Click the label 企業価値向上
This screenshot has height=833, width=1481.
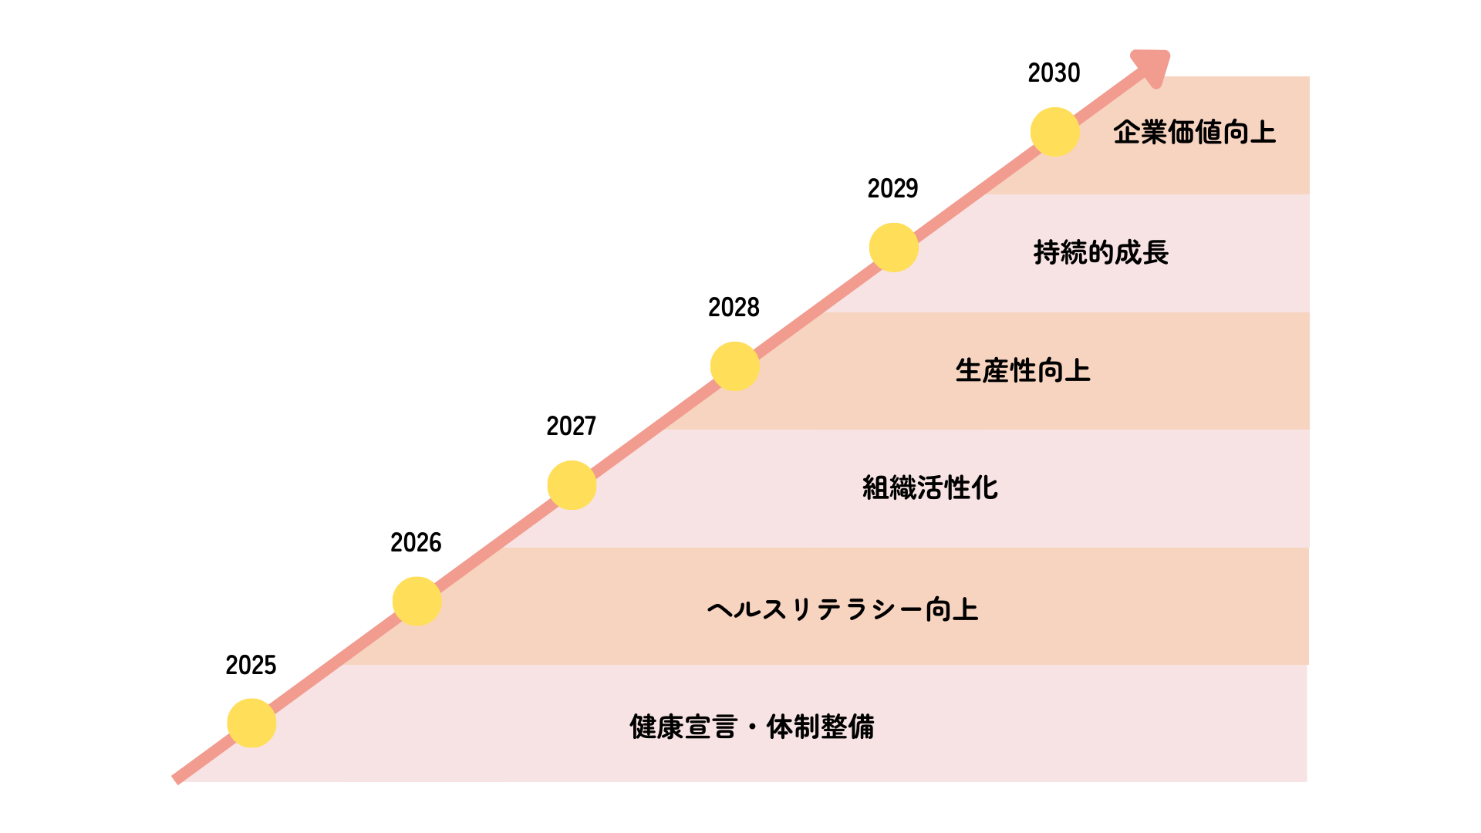tap(1194, 133)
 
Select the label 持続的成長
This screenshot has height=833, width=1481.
tap(1101, 252)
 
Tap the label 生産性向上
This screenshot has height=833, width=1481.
tap(1023, 371)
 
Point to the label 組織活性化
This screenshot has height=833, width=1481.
tap(929, 487)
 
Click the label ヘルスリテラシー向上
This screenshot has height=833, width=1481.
tap(842, 609)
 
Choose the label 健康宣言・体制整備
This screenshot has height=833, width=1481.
tap(752, 727)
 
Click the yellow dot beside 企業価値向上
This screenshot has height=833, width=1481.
tap(1054, 132)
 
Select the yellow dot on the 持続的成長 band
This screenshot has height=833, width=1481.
tap(893, 248)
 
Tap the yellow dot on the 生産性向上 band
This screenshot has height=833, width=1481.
tap(734, 366)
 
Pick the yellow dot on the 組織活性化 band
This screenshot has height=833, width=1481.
tap(572, 485)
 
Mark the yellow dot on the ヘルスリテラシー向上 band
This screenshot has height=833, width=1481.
tap(417, 601)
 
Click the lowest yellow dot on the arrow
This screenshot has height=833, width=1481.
tap(251, 723)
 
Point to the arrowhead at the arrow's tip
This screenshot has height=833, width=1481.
tap(1154, 66)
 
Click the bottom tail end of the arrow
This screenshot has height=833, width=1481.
tap(177, 779)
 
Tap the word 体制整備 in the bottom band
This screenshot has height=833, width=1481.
tap(821, 727)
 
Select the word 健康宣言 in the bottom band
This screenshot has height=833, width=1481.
tap(683, 727)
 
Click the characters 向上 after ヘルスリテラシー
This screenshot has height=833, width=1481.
tap(952, 609)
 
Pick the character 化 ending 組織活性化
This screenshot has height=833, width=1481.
tap(985, 487)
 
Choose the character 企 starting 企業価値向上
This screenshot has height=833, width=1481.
tap(1127, 133)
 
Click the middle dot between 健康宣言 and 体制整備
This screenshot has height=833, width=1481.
tap(752, 727)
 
